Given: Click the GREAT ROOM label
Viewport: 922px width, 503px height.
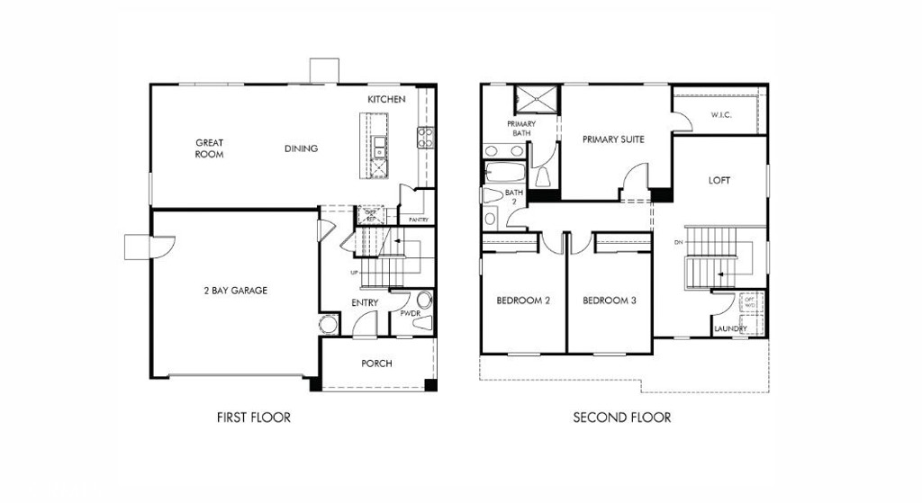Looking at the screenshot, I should [209, 148].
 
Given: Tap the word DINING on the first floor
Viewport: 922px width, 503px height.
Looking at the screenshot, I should [301, 148].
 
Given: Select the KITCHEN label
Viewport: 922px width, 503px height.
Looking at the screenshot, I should [386, 98].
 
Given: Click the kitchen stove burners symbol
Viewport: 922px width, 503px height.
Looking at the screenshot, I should [425, 136].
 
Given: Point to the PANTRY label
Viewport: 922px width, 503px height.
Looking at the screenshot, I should [418, 220].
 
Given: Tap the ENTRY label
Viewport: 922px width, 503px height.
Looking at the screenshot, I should [365, 303].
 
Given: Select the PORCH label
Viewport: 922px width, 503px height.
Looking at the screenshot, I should [376, 364].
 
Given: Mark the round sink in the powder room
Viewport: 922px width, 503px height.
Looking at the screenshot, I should [424, 301].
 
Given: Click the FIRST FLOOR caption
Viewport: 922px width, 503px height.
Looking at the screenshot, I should [254, 418].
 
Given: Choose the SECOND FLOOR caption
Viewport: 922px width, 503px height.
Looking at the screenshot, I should [622, 418].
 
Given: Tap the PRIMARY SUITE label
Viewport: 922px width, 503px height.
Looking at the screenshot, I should [613, 139].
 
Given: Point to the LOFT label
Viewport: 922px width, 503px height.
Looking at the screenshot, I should [719, 180].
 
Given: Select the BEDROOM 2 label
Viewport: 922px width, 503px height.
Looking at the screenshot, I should [523, 301].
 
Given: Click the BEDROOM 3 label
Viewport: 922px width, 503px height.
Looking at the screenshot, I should [609, 301].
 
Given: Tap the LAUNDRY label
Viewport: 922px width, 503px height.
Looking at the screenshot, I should [729, 328].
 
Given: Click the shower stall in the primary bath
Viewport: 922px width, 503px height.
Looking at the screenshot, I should [536, 101].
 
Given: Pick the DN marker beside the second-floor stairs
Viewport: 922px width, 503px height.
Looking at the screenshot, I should [678, 243].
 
